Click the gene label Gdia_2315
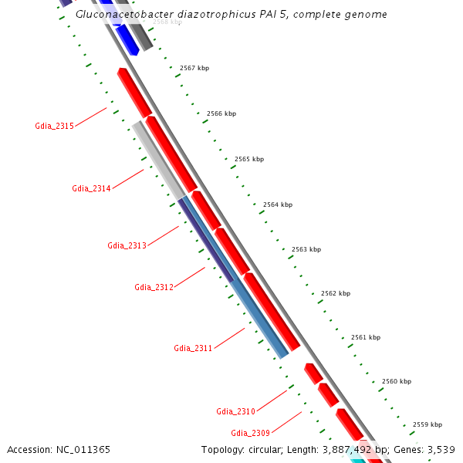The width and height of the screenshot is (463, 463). click(54, 126)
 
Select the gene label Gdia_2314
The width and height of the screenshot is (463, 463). click(91, 188)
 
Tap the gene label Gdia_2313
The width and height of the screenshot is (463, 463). click(127, 246)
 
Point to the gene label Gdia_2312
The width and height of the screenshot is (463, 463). click(154, 287)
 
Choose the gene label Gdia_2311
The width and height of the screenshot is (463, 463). click(193, 348)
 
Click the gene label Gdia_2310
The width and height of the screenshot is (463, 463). click(235, 411)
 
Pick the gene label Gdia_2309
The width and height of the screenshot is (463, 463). click(250, 433)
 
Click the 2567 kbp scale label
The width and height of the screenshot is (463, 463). click(194, 68)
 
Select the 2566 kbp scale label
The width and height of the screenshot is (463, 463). click(221, 113)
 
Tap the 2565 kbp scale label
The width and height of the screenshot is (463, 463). click(248, 159)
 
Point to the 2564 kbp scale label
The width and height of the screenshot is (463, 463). click(277, 204)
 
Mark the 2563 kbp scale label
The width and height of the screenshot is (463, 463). click(306, 249)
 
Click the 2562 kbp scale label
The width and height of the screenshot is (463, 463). click(335, 293)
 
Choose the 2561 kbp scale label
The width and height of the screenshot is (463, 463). click(365, 337)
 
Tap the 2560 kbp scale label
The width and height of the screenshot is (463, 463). click(396, 381)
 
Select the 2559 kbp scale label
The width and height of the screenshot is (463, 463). click(427, 424)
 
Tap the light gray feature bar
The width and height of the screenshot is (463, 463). click(158, 159)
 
